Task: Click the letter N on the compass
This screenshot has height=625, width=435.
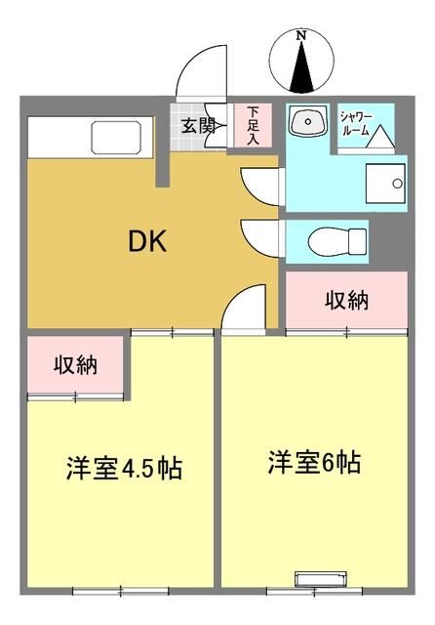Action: coord(301,35)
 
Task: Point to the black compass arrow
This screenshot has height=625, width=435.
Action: coord(301,67)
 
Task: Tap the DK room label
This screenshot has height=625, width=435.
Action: coord(147,240)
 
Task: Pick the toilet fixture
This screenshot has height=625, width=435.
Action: coord(336,238)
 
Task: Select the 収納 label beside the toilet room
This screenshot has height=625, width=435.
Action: coord(345,300)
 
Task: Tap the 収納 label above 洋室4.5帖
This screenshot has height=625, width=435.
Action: coord(76,366)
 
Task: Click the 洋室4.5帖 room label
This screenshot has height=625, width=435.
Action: coord(124,468)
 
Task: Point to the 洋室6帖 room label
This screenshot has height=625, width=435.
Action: coord(315,462)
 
